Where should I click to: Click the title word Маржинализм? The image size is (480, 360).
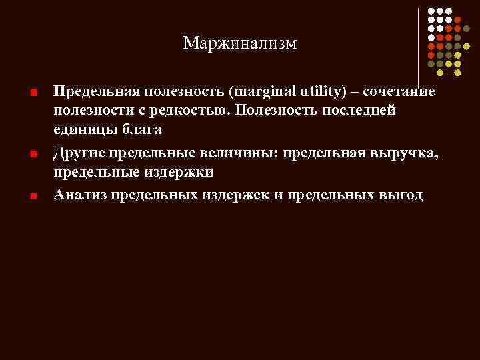pos(240,44)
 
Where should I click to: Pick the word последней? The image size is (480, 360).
pos(361,109)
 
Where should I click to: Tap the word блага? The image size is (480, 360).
pos(140,129)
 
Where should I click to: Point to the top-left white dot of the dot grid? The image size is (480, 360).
pos(431,11)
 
